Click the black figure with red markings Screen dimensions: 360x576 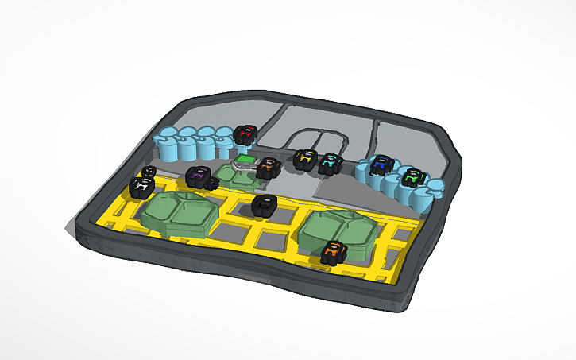[x=245, y=135]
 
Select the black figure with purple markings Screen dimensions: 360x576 [x=197, y=176]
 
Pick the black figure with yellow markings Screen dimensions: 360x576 [x=304, y=160]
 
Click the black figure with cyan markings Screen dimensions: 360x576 [x=329, y=163]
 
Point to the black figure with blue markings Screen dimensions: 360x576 [x=383, y=165]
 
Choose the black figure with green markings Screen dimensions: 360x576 [x=412, y=178]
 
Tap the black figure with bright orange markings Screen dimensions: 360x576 [x=334, y=254]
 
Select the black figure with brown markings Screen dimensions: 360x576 [x=268, y=167]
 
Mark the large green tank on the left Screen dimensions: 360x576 [x=180, y=212]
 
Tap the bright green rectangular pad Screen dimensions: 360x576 [x=246, y=160]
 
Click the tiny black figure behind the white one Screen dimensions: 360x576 [x=149, y=172]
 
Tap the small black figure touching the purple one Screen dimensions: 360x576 [x=212, y=184]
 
